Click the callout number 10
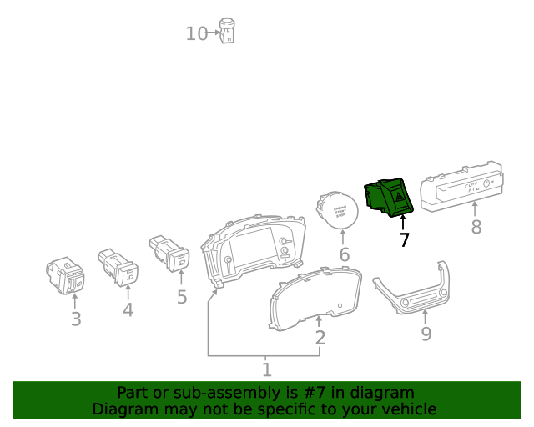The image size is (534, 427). click(196, 34)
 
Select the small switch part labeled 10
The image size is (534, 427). click(227, 30)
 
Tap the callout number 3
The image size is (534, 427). click(75, 319)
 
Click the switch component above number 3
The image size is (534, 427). click(65, 276)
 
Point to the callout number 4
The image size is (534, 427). click(128, 310)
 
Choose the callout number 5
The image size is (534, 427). click(182, 296)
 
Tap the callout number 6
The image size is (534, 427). click(344, 254)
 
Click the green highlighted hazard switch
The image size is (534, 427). click(390, 197)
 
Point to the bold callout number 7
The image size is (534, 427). click(404, 241)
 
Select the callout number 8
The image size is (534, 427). click(476, 227)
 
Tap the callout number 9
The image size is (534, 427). click(426, 334)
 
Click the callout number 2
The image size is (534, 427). click(320, 338)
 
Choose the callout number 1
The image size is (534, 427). click(266, 369)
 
